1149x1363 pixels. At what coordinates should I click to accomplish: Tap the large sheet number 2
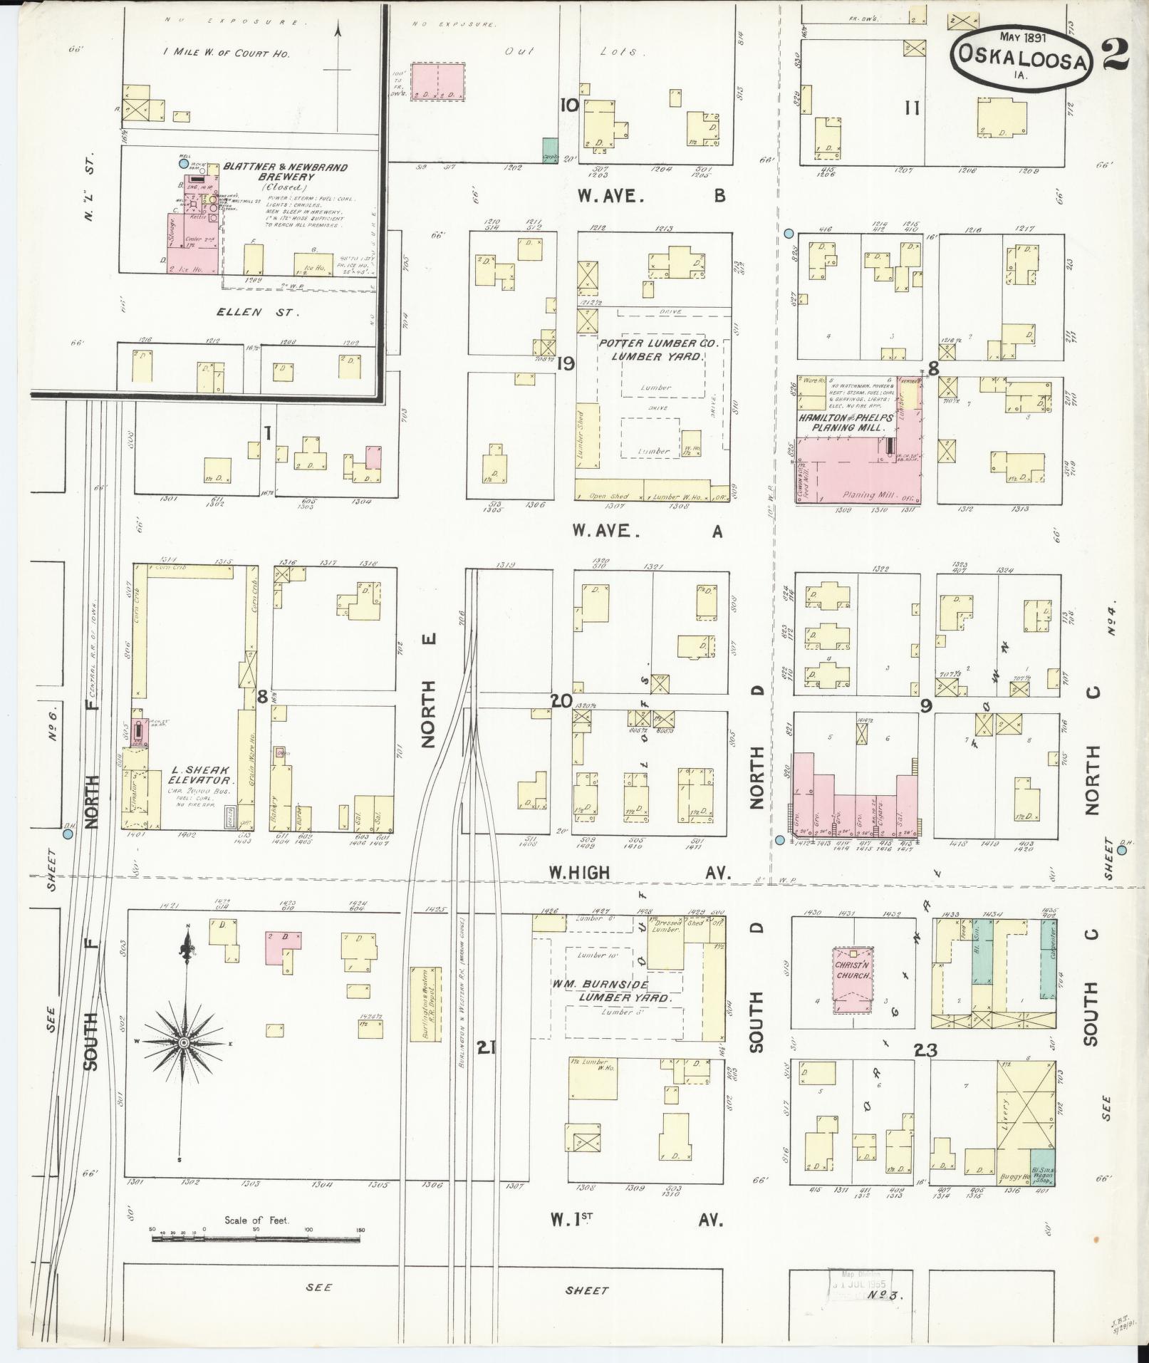click(x=1115, y=56)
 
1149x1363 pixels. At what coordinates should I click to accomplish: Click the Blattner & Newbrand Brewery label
click(x=285, y=172)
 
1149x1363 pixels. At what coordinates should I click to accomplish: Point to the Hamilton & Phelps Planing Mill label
click(x=845, y=423)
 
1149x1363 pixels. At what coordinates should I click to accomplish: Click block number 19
click(x=566, y=364)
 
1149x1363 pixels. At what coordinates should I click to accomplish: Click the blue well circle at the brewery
click(x=184, y=163)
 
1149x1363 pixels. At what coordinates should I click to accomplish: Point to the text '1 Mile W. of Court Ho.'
click(x=226, y=53)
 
